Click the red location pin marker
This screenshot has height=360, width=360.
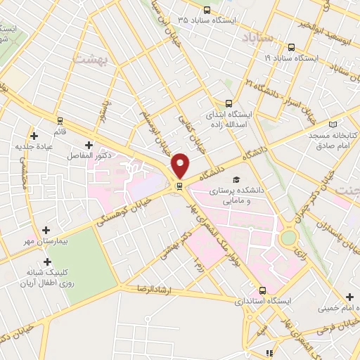pyautogui.click(x=180, y=165)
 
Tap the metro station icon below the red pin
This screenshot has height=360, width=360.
pyautogui.click(x=180, y=186)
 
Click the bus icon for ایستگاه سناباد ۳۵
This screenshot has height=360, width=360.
pyautogui.click(x=207, y=10)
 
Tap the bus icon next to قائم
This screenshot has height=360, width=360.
pyautogui.click(x=59, y=120)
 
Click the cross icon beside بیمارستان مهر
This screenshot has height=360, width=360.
pyautogui.click(x=46, y=230)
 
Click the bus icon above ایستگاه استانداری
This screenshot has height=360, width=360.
pyautogui.click(x=263, y=290)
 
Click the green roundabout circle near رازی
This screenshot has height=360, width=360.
pyautogui.click(x=288, y=238)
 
